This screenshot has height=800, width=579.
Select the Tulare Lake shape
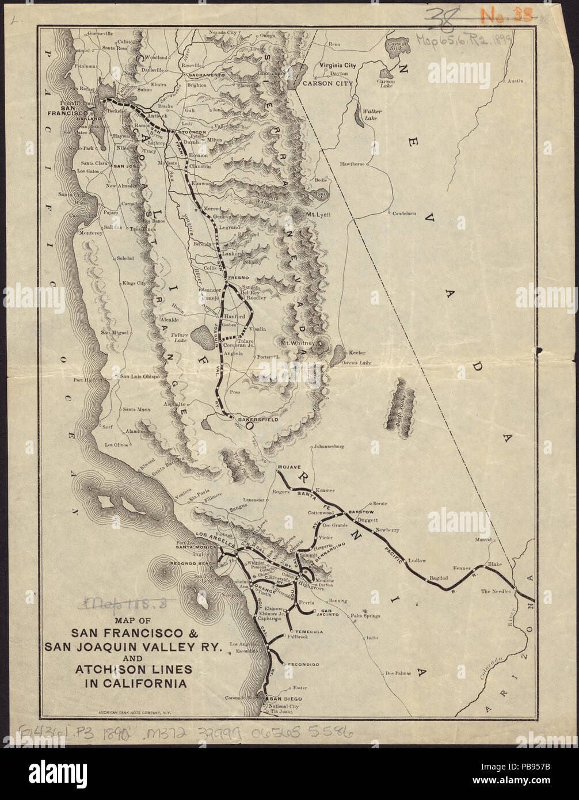point(203,334)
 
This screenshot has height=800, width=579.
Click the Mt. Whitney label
point(298,343)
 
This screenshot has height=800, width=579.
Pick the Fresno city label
point(238,278)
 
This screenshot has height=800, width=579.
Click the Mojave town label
point(289,468)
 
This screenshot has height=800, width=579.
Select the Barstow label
point(361,512)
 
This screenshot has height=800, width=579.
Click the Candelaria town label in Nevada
point(404,214)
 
